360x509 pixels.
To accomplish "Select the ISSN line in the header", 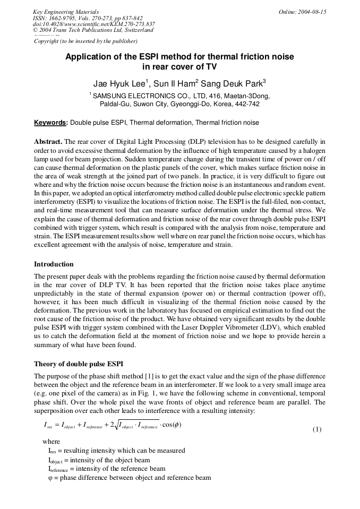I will point(88,18).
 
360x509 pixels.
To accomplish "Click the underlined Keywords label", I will point(50,123).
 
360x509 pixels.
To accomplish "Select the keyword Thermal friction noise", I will point(227,123).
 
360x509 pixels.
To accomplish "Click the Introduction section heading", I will point(54,264).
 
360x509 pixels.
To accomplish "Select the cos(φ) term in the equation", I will point(173,425).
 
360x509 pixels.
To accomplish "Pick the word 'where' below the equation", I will point(51,441).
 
